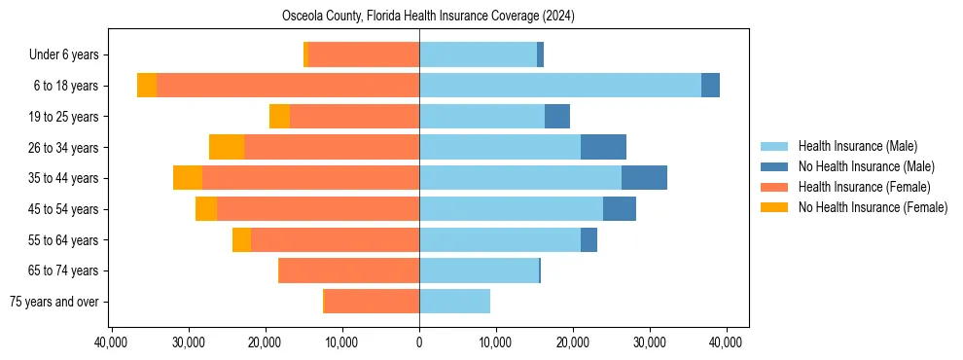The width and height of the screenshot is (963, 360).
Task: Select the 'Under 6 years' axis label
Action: pyautogui.click(x=70, y=55)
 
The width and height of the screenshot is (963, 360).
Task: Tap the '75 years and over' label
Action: pyautogui.click(x=54, y=302)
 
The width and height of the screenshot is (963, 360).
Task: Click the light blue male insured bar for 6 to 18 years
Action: pyautogui.click(x=559, y=86)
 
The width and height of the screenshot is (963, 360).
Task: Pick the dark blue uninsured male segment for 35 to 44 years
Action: pyautogui.click(x=644, y=178)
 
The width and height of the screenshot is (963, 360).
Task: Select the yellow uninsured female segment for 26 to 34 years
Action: pyautogui.click(x=226, y=147)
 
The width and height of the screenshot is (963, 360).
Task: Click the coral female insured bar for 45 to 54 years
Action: pyautogui.click(x=318, y=209)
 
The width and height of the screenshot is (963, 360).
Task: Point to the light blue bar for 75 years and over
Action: pyautogui.click(x=454, y=302)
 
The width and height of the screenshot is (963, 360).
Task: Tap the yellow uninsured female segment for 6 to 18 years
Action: pyautogui.click(x=147, y=86)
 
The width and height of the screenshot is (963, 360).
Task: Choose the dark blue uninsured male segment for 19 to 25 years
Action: pyautogui.click(x=557, y=117)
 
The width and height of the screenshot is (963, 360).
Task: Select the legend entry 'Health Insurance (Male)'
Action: pyautogui.click(x=857, y=146)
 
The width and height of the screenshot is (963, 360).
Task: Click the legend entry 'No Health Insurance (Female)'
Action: pyautogui.click(x=872, y=207)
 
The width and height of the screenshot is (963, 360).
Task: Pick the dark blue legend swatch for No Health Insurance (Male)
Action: pyautogui.click(x=773, y=166)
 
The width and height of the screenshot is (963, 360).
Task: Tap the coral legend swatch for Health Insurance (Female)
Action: pyautogui.click(x=773, y=187)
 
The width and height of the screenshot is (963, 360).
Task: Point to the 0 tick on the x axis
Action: pyautogui.click(x=419, y=342)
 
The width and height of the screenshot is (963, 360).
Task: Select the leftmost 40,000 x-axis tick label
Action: pyautogui.click(x=112, y=342)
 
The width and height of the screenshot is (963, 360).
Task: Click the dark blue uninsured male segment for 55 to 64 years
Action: pyautogui.click(x=588, y=240)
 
